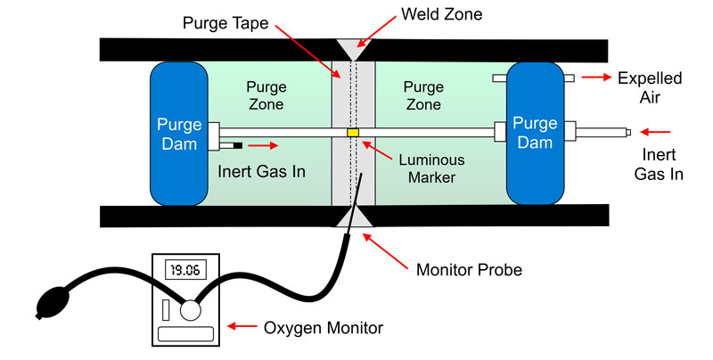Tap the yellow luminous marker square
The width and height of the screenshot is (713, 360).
(353, 133)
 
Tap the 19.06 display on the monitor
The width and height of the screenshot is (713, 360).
(184, 266)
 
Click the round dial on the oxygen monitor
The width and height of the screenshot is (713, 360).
(190, 311)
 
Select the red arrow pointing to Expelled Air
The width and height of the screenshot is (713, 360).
(594, 78)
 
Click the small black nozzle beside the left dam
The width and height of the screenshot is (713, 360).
(237, 143)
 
